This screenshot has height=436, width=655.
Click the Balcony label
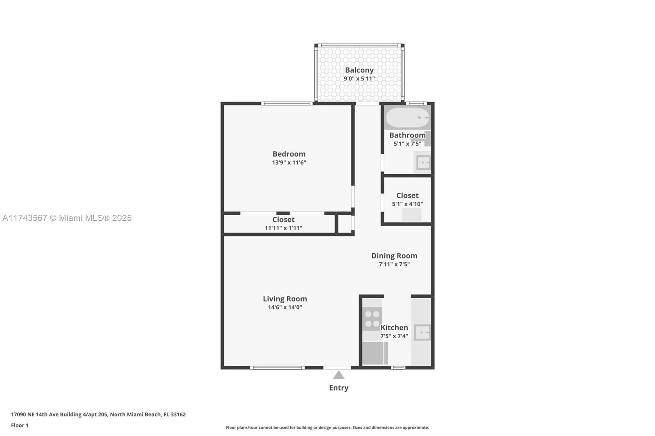[x=359, y=70]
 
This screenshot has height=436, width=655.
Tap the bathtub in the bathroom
[x=407, y=117]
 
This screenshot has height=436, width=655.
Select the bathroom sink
[x=423, y=162]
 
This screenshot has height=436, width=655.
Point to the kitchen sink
[x=422, y=333]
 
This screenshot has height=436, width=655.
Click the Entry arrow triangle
[x=339, y=375]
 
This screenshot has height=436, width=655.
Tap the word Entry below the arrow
[x=339, y=388]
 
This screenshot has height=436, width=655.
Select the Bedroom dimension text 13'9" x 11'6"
[x=289, y=162]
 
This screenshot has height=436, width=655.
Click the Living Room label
[x=285, y=299]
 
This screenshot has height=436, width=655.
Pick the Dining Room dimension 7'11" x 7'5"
[x=394, y=264]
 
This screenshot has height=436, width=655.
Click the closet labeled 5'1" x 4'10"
[x=407, y=200]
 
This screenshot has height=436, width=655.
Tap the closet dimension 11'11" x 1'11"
[x=283, y=228]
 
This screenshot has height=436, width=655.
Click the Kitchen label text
[x=394, y=328]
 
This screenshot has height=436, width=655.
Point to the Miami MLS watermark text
[x=67, y=218]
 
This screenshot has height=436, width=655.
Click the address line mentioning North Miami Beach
[x=98, y=414]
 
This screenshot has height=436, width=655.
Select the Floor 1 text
[x=20, y=425]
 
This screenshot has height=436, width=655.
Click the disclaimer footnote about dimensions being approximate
[x=327, y=427]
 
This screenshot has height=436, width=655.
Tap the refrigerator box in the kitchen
[x=375, y=353]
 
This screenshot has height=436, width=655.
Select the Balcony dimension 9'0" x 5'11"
[x=359, y=79]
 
